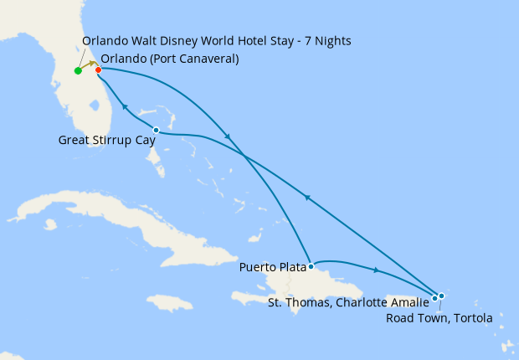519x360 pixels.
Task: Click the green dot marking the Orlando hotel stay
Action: [78, 70]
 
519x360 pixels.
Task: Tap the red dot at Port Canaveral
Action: [99, 69]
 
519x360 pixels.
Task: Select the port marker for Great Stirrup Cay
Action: [157, 130]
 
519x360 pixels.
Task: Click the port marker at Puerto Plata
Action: [311, 267]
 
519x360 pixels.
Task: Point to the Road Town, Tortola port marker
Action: [440, 296]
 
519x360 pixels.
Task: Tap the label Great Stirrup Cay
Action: [107, 141]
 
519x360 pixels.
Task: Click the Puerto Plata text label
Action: [272, 268]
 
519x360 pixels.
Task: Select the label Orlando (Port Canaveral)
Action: [169, 59]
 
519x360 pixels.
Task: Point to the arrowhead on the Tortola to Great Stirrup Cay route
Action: [307, 198]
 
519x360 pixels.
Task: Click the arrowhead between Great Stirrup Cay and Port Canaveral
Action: [125, 106]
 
